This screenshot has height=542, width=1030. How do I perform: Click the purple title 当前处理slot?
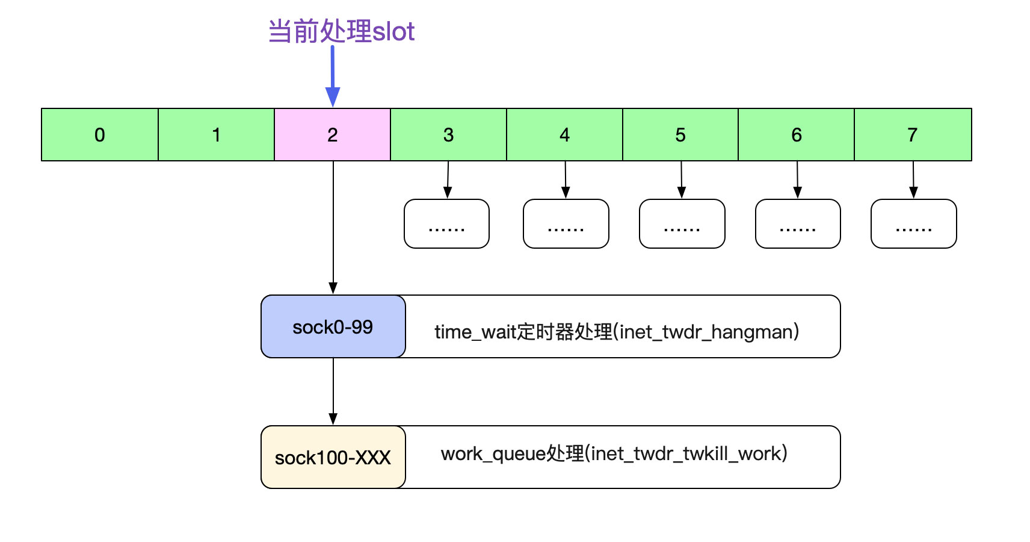pos(341,31)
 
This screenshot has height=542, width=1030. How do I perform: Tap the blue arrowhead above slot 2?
pos(333,96)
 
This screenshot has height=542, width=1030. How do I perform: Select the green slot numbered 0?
pos(100,135)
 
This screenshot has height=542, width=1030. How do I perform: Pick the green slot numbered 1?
pos(216,135)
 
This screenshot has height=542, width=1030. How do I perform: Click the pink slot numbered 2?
pos(332,135)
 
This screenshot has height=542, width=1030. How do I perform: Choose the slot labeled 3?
pos(448,135)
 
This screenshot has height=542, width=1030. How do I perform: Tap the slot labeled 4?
pos(564,135)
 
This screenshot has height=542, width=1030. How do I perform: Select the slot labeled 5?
pos(680,135)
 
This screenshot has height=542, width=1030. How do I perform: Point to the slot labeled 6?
pos(796,135)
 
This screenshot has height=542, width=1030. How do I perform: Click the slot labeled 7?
pos(913,135)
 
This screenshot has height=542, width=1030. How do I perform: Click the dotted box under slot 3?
pos(446,224)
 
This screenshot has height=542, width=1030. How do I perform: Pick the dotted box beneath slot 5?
pos(682,224)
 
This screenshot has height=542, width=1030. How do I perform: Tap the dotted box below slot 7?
pos(913,224)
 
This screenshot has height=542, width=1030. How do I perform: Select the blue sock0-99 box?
pos(333,327)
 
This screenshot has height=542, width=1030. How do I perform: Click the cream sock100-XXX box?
pos(333,458)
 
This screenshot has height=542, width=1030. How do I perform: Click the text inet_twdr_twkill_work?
pos(685,453)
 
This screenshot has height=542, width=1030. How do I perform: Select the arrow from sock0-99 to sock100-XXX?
pos(333,391)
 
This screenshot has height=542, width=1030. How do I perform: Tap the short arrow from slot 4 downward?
pos(565,179)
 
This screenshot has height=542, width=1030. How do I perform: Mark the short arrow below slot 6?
pos(797,179)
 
